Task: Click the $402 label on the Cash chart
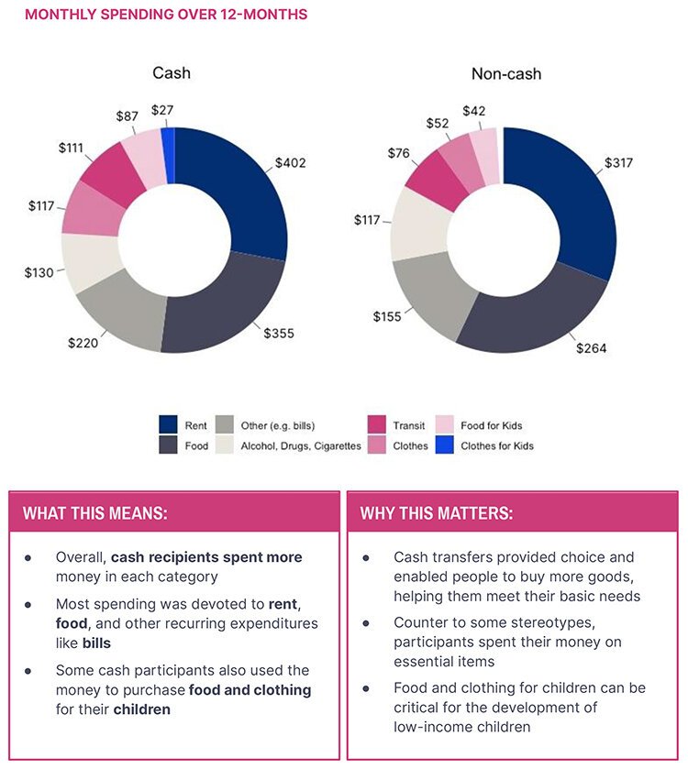(x=290, y=163)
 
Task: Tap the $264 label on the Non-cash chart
(x=591, y=348)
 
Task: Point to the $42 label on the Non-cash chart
(x=473, y=111)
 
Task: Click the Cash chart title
(x=172, y=73)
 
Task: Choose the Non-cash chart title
(x=505, y=73)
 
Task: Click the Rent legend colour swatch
(x=169, y=425)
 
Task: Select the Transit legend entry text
(x=408, y=425)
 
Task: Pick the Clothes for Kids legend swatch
(x=444, y=445)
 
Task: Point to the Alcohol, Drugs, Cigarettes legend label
(x=301, y=446)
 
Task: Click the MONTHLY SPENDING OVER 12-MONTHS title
(x=166, y=15)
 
